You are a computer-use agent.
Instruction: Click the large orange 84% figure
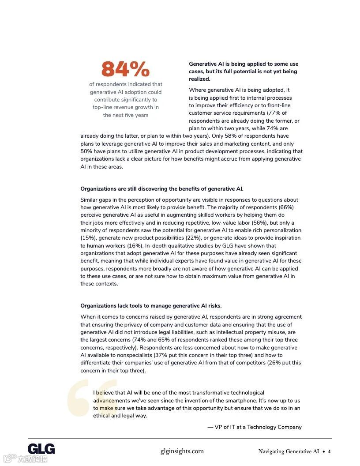click(126, 69)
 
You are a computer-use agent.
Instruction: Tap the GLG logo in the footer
click(41, 449)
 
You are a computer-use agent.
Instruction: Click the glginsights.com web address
click(182, 451)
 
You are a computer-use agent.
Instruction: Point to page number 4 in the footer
click(329, 451)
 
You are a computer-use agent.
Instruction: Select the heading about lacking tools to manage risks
click(151, 305)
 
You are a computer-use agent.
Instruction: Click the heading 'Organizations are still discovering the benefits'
click(161, 189)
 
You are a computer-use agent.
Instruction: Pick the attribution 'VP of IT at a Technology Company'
click(255, 427)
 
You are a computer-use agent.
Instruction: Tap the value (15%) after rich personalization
click(88, 238)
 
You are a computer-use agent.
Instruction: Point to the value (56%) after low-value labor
click(259, 222)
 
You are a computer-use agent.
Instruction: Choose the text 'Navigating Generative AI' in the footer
click(289, 451)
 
